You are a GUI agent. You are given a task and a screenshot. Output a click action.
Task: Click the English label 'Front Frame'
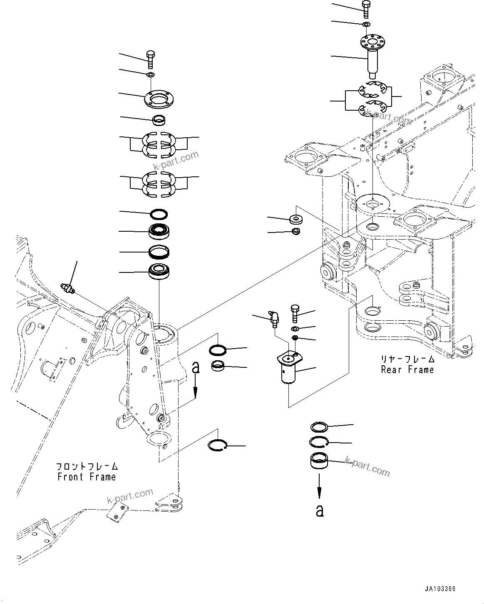(87, 477)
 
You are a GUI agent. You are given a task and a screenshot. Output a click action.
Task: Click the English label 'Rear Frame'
(407, 370)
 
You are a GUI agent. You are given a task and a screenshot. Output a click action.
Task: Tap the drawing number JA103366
(440, 589)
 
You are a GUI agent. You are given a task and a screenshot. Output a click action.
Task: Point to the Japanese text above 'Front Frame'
(87, 467)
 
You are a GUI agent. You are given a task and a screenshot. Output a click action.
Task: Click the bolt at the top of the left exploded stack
(150, 59)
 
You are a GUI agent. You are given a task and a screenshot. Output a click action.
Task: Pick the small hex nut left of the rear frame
(296, 231)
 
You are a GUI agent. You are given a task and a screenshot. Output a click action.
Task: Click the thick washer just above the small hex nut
(296, 218)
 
